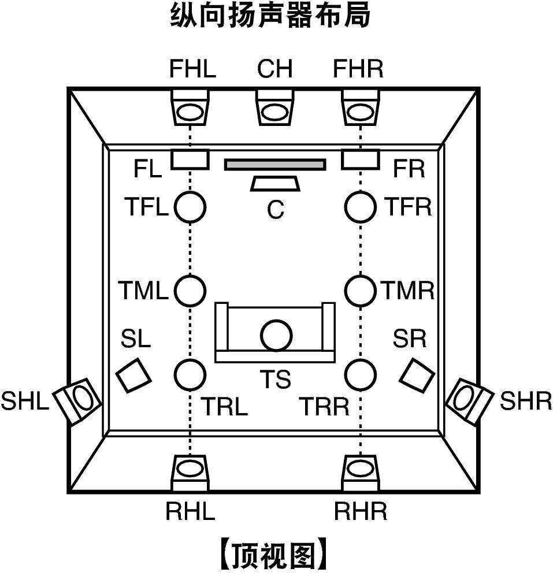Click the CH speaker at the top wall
275,107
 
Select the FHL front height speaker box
190,107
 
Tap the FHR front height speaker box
360,107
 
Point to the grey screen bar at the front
275,165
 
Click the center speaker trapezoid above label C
275,184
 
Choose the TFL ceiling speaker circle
190,207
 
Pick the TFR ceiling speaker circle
361,207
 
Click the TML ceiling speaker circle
190,291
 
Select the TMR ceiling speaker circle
361,291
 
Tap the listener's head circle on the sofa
276,336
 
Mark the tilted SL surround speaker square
133,375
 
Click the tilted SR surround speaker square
417,375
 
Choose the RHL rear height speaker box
190,473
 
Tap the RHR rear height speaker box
361,473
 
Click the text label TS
275,379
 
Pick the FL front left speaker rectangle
190,159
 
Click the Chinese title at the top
270,16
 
